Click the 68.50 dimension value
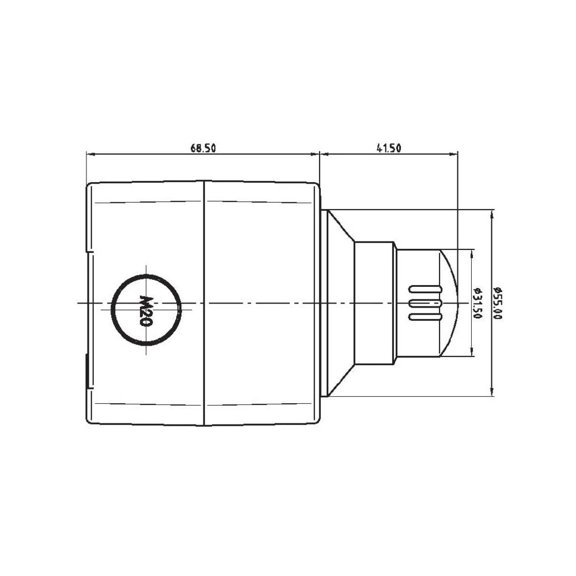(x=203, y=148)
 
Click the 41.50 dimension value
(x=389, y=148)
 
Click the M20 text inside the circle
(x=146, y=310)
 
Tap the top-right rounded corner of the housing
(x=316, y=187)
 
